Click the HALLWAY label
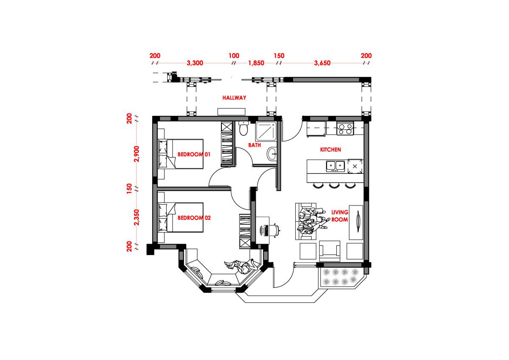[234, 98]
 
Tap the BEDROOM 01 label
[194, 155]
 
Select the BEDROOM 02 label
[194, 218]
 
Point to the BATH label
[255, 145]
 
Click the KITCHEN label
[330, 150]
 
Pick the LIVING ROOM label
[340, 216]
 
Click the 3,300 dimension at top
[195, 63]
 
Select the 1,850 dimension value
[256, 63]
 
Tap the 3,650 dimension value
[322, 63]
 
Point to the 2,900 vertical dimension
[136, 154]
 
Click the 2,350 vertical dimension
[136, 217]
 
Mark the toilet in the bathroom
[243, 128]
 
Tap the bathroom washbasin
[272, 155]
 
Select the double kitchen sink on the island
[335, 166]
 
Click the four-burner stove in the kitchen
[345, 129]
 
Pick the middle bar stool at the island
[334, 185]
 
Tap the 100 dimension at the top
[234, 56]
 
